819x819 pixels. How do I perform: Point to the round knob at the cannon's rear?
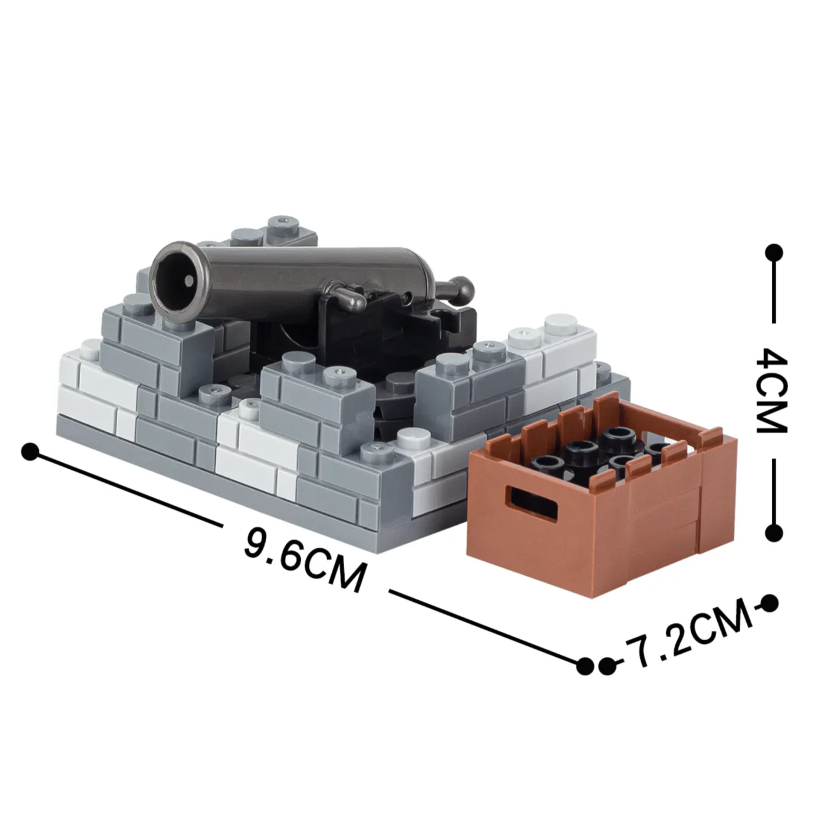coord(463,286)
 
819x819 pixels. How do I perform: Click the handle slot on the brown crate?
coord(531,502)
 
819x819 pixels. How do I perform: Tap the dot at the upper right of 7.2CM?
coord(769,603)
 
